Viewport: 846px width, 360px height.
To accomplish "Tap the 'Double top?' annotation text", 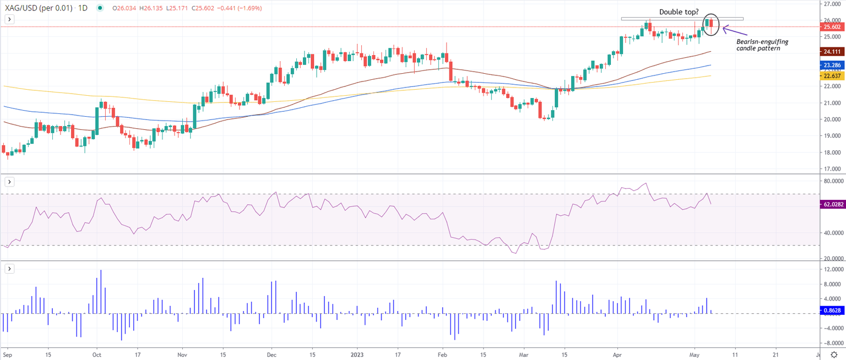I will [679, 12].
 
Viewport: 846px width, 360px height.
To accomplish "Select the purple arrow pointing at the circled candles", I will [735, 31].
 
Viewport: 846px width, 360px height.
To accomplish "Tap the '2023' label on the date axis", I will [357, 355].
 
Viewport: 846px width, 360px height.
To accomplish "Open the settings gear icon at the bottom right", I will [835, 355].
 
